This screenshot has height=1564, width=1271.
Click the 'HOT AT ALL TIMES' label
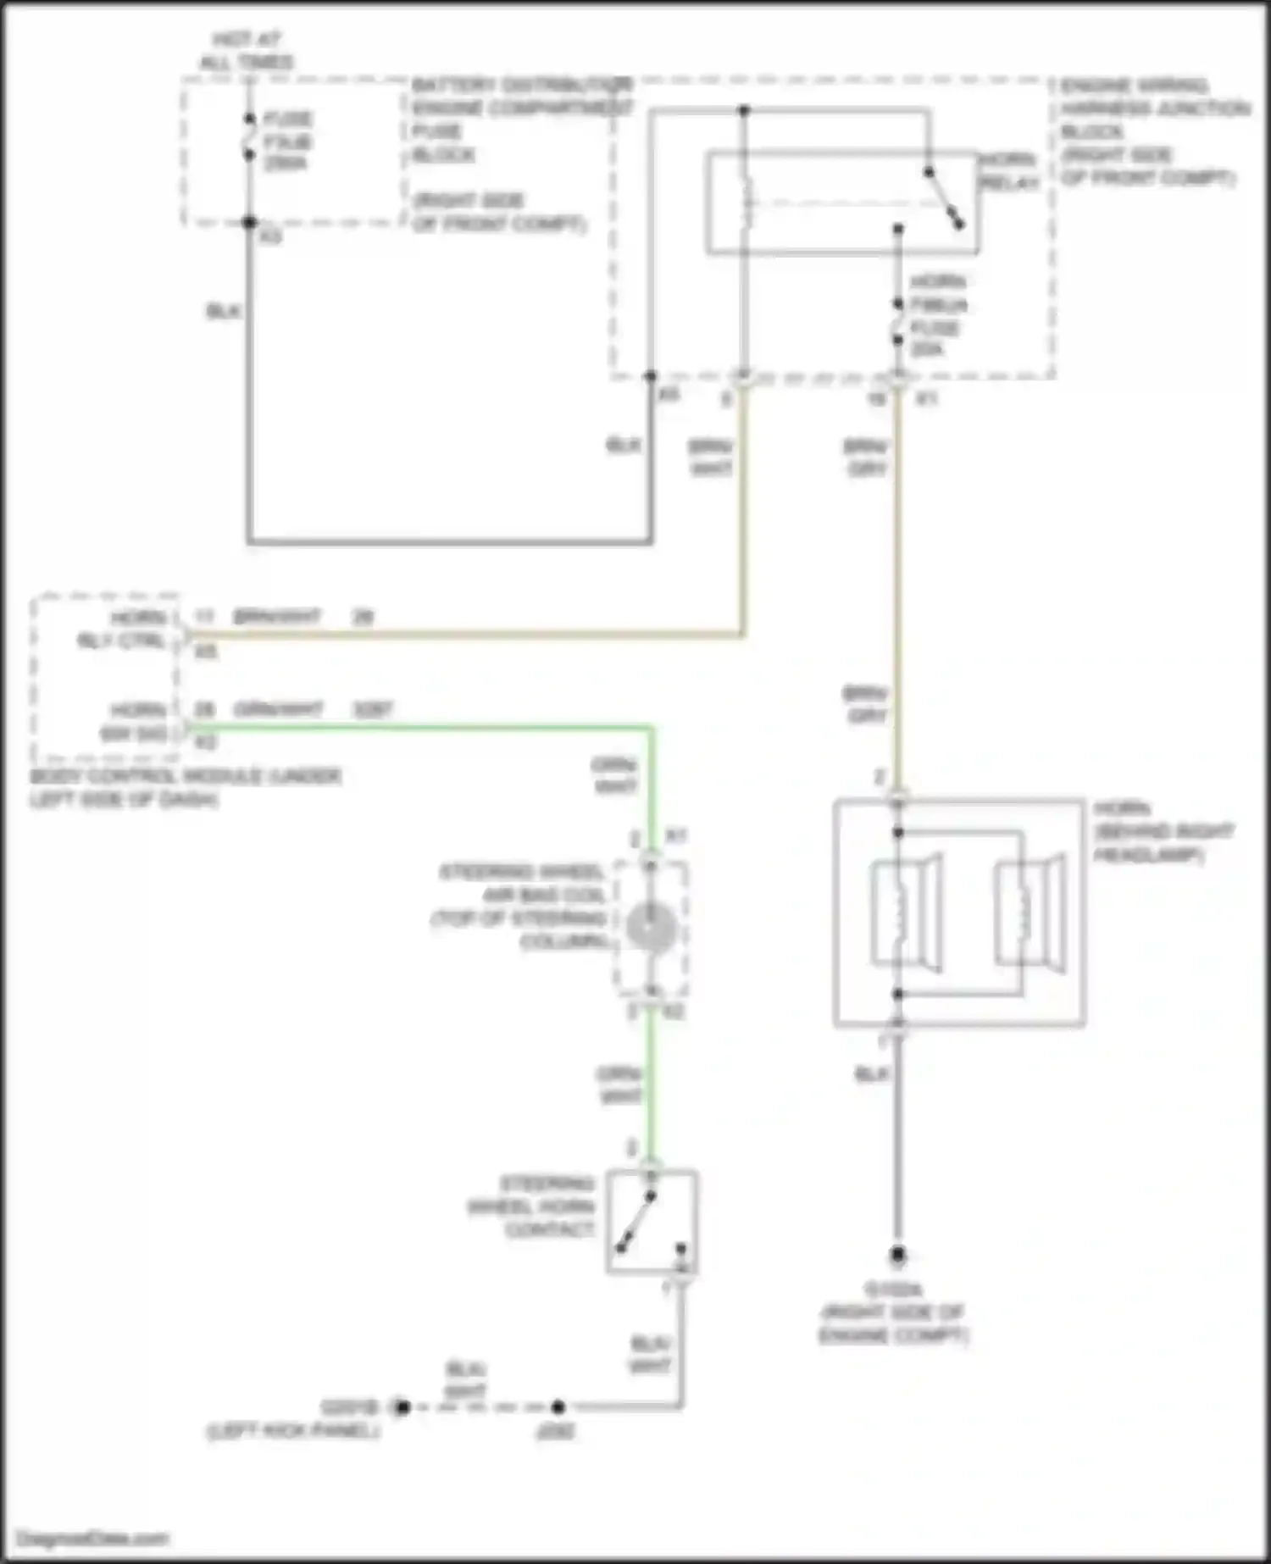(246, 51)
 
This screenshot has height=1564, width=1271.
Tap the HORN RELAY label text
(1008, 172)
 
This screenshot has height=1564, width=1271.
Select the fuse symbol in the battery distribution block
(250, 136)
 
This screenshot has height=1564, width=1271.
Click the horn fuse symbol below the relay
(898, 322)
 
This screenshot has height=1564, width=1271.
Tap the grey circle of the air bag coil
(651, 928)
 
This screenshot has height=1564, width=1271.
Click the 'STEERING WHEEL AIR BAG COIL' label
(521, 907)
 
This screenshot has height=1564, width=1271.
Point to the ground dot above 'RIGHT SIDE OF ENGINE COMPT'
(897, 1255)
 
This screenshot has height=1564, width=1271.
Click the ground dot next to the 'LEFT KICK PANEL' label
(401, 1407)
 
